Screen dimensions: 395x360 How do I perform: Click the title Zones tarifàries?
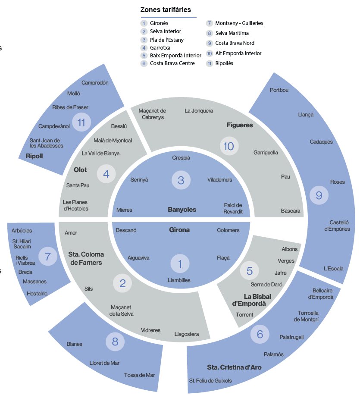tap(166, 9)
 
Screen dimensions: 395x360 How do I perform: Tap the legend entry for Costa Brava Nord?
tap(235, 43)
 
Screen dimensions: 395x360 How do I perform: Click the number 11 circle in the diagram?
tap(81, 122)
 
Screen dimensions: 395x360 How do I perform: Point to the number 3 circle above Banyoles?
tap(181, 180)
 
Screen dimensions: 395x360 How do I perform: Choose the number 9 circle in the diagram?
tap(319, 196)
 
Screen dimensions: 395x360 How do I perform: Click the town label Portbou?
tap(279, 90)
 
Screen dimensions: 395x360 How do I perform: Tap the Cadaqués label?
tap(321, 142)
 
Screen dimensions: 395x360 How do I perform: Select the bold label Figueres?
tap(240, 125)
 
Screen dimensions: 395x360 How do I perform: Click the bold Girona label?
tap(179, 230)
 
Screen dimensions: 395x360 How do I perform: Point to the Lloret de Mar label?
tap(104, 363)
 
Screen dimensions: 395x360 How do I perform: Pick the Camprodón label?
tap(95, 83)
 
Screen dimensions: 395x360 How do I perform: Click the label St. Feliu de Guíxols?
tap(210, 381)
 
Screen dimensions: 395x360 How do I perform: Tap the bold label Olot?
tap(80, 170)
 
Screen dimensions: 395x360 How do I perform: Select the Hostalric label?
tap(37, 293)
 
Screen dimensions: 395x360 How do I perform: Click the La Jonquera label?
tap(199, 111)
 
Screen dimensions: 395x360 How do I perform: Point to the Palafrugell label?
tap(291, 337)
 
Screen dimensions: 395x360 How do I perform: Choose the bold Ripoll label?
tap(34, 156)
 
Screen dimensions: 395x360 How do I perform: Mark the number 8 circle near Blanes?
tap(115, 342)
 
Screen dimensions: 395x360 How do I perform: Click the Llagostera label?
tap(187, 334)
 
